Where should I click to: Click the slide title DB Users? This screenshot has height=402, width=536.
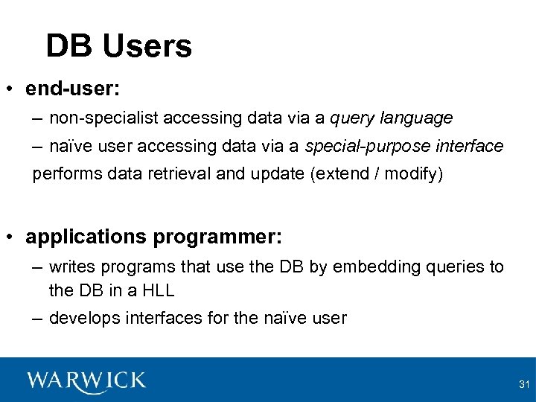pos(118,46)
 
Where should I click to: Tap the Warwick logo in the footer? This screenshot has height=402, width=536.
pos(86,381)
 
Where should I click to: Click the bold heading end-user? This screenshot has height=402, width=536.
pos(73,89)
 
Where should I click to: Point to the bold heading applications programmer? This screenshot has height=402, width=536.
pos(153,237)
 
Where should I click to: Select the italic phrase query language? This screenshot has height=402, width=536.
pos(391,118)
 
